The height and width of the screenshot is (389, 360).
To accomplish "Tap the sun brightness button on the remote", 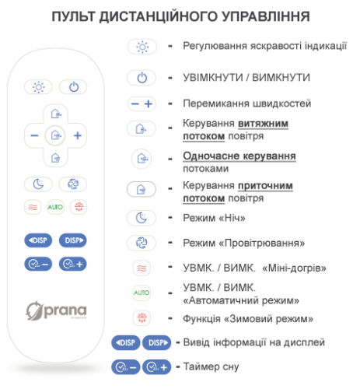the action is click(38, 87).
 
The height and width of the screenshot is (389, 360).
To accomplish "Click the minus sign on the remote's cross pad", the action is click(34, 135).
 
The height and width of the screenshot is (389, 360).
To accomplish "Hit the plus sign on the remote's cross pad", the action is click(78, 135).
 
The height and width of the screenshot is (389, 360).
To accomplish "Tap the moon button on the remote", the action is click(38, 184).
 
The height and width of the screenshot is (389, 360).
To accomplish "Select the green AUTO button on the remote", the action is click(55, 207).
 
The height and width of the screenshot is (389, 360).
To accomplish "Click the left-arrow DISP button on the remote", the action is click(38, 240).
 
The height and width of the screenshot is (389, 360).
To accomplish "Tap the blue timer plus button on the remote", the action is click(73, 264).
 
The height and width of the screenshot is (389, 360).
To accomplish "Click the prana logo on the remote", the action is click(56, 310).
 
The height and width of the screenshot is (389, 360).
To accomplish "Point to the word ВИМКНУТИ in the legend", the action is click(281, 78).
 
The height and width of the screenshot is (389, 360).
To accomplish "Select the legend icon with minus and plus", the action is click(142, 104).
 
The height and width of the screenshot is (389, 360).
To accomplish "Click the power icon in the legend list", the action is click(142, 78).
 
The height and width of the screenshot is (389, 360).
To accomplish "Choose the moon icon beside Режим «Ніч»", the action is click(142, 218).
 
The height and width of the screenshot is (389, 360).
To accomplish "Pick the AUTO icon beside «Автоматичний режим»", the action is click(142, 293).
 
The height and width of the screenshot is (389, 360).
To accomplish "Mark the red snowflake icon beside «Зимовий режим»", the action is click(142, 317).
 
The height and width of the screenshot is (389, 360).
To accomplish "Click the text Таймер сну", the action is click(211, 367).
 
